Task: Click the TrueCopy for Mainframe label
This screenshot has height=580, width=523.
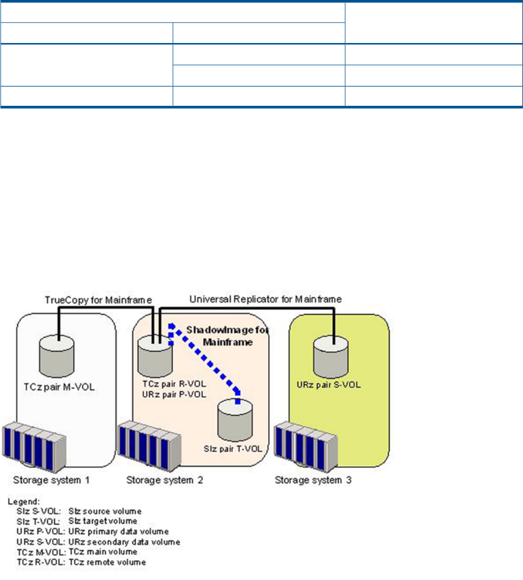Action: pos(98,299)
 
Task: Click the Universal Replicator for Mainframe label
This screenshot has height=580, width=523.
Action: pos(266,299)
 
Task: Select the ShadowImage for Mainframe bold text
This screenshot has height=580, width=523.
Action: pos(227,336)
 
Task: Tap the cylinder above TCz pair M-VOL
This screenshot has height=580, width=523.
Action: pos(57,356)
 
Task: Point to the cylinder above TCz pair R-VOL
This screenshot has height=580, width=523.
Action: pos(155,356)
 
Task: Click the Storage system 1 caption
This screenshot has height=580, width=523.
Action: pos(51,480)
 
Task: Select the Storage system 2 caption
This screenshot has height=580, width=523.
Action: pos(164,480)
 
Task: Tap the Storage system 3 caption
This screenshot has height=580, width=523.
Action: pos(313,480)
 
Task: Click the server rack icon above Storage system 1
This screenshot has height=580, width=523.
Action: pos(34,448)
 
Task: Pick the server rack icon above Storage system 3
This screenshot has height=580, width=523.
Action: pos(306,447)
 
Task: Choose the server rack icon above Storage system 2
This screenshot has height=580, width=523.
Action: pos(150,446)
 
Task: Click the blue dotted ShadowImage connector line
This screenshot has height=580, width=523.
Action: pos(205,359)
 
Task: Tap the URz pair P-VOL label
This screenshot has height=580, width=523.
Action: pos(174,394)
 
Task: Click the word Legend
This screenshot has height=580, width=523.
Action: pos(24,501)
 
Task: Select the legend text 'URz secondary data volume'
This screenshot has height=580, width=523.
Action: pos(125,542)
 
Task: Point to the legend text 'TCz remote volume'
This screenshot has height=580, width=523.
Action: pos(108,562)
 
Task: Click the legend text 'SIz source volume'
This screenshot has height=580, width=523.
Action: pos(105,511)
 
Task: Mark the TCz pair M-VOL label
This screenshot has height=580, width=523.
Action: pos(59,387)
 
